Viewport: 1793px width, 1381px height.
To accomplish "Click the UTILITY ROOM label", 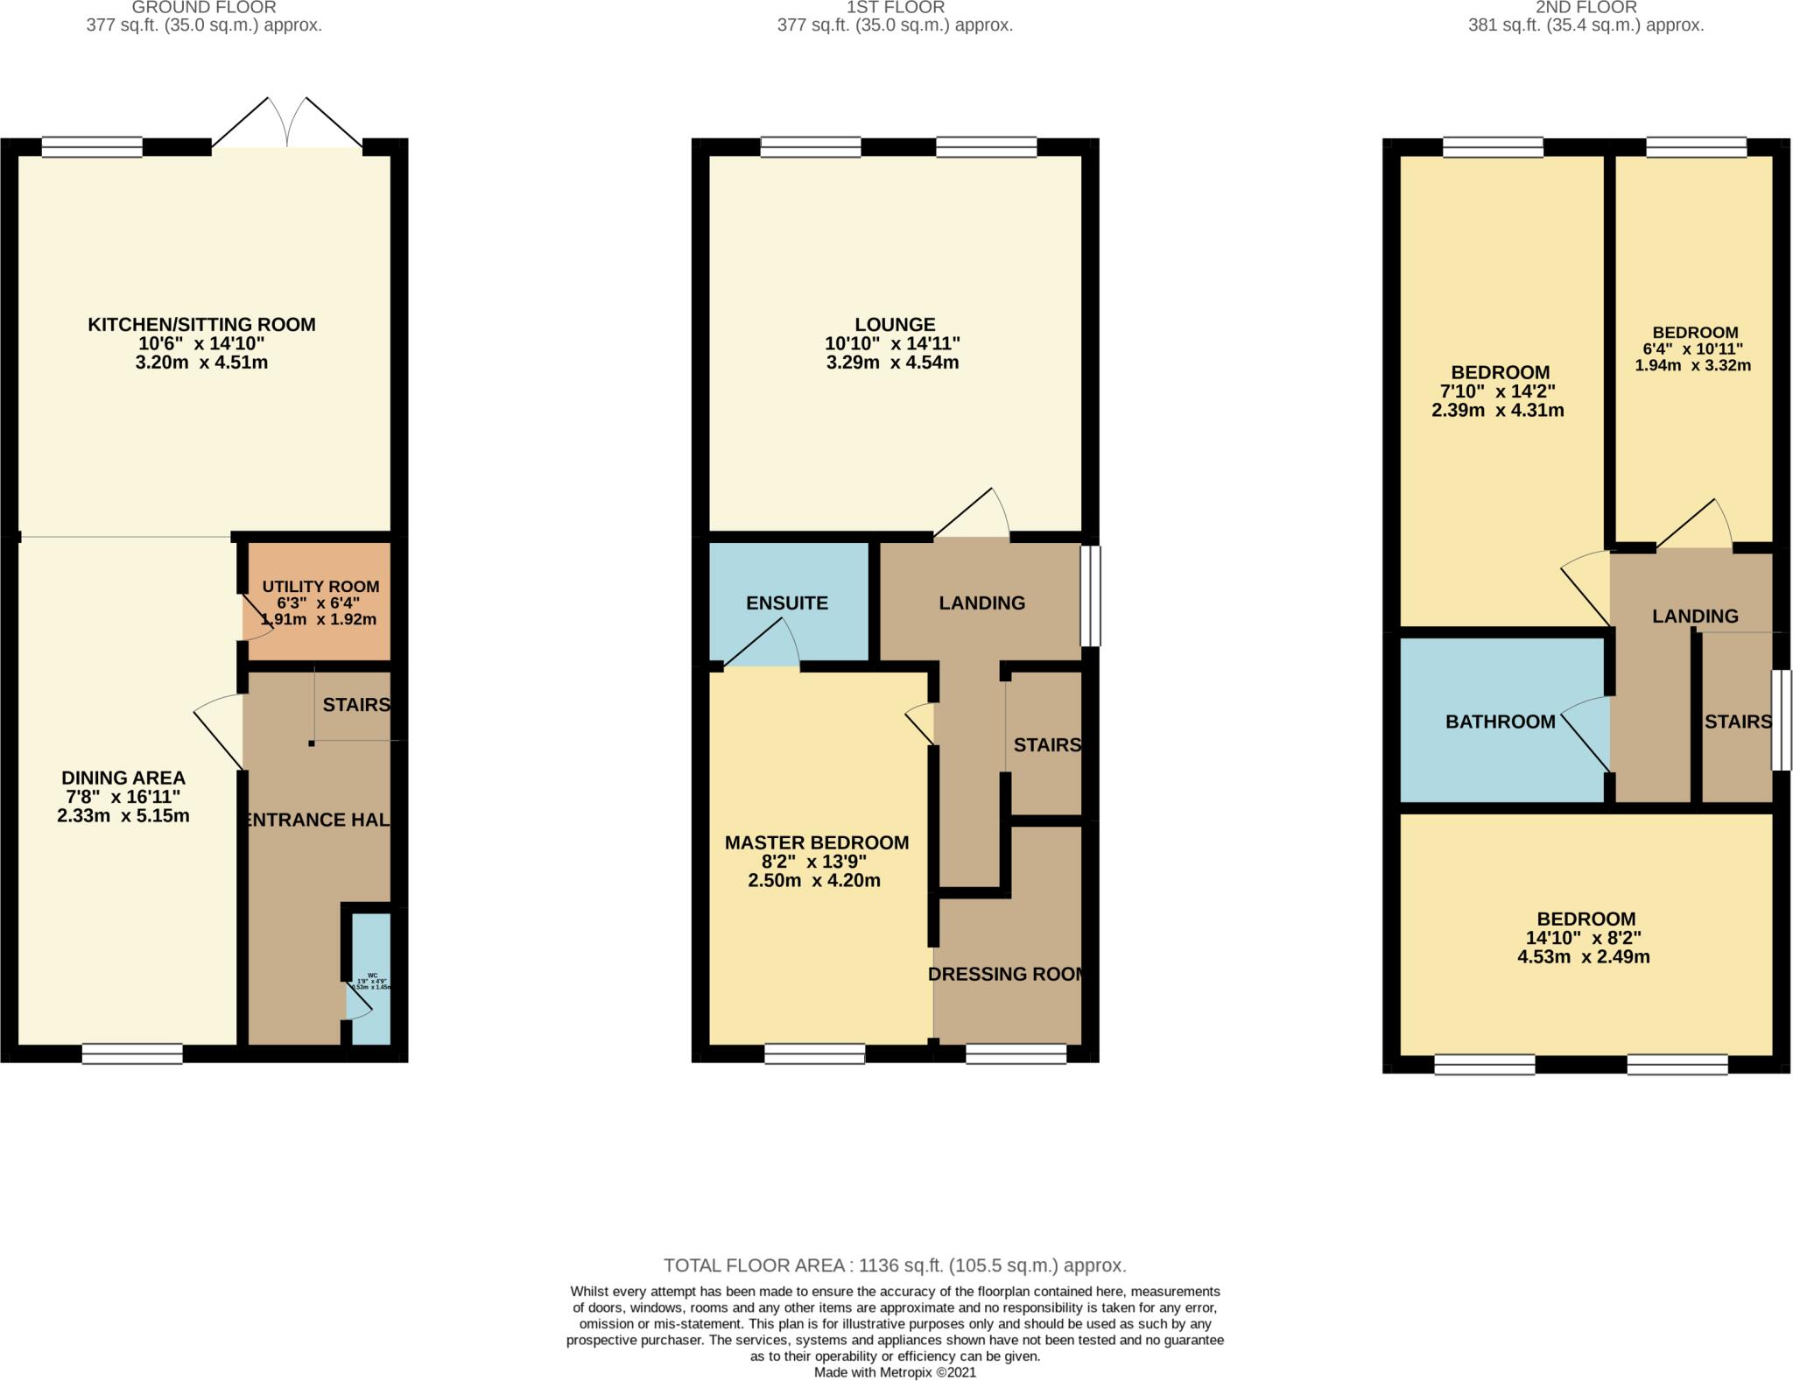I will [320, 587].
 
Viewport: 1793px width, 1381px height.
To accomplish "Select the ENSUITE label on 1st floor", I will [787, 603].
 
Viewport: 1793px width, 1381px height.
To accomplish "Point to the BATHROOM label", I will [1500, 722].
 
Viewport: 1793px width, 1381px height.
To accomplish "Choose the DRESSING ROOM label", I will [1007, 974].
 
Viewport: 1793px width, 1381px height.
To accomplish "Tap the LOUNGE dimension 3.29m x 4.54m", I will [892, 363].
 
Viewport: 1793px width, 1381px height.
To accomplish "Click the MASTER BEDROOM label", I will [816, 842].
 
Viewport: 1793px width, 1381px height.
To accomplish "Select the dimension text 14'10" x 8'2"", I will [1586, 938].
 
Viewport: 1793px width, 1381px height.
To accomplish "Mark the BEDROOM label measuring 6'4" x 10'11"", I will [1695, 333].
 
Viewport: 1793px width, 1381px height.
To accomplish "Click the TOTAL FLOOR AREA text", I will [895, 1265].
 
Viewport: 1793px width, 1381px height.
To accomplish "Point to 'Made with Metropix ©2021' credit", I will [895, 1372].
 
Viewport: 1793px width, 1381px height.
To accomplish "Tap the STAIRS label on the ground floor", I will [355, 705].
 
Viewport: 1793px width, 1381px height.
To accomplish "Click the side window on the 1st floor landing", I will [1090, 596].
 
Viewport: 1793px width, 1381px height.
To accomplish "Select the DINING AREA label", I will [123, 778].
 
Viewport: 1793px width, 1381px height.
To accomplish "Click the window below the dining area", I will [132, 1053].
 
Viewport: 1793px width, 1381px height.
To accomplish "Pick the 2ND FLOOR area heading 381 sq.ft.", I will [1586, 25].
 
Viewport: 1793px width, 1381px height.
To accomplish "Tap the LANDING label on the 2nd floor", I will [1695, 617].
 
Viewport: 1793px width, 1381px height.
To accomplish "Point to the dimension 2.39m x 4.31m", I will [1497, 410].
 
